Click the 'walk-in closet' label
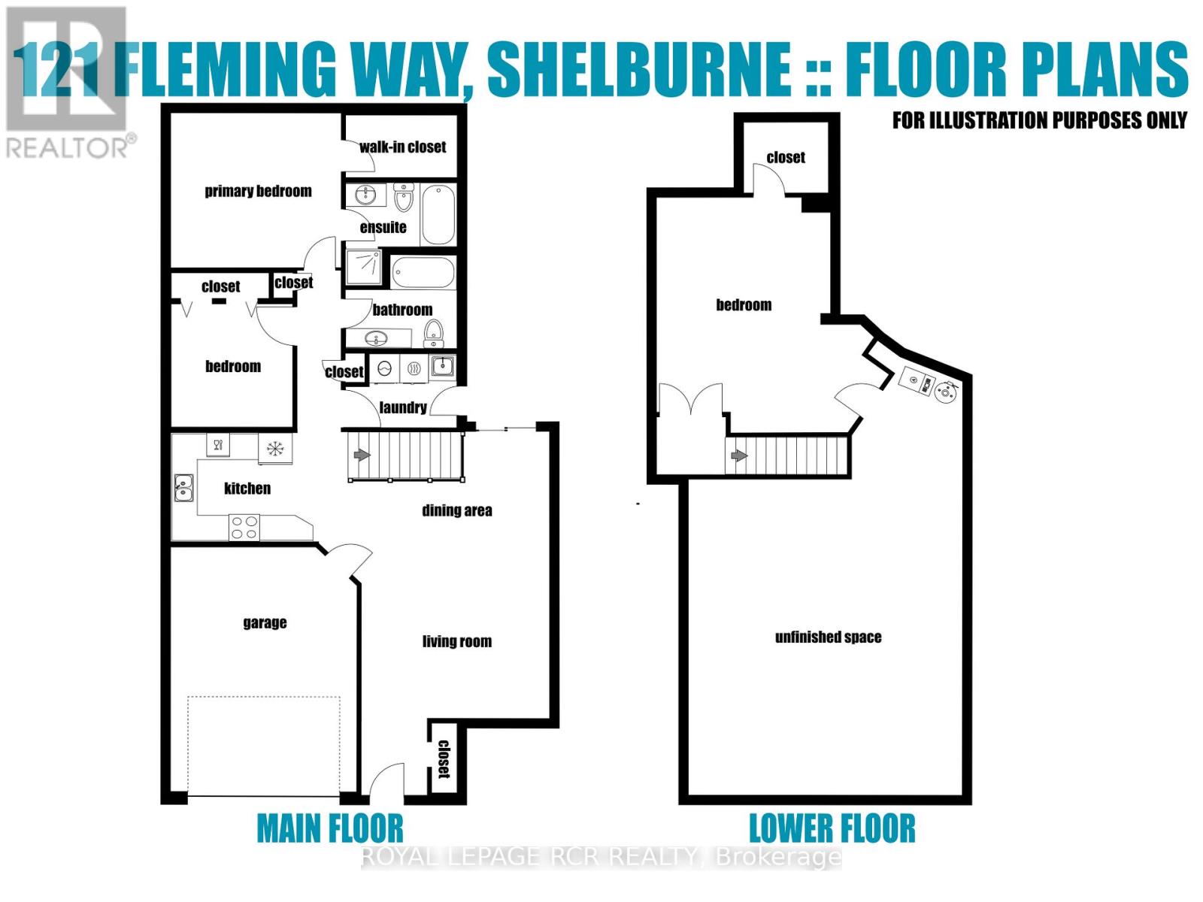402,147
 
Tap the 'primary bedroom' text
258,191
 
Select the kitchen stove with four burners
244,526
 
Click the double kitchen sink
183,488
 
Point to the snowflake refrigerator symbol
275,449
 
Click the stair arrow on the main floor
362,455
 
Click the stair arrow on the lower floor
739,456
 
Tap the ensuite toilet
404,198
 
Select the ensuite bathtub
438,214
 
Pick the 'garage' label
265,622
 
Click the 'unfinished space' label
828,637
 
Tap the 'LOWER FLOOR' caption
832,828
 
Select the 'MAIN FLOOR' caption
330,828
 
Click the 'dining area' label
456,510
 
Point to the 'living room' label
456,641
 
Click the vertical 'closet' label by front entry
444,758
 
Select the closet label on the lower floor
786,157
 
